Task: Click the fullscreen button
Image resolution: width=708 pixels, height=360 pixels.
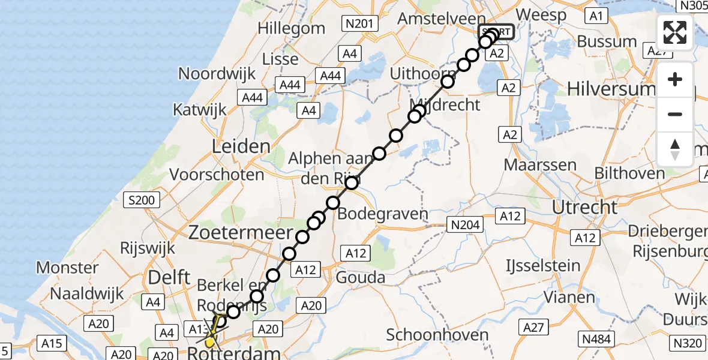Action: point(675,32)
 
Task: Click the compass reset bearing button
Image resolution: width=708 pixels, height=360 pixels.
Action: point(675,149)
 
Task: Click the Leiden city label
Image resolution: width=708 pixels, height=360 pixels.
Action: point(241,146)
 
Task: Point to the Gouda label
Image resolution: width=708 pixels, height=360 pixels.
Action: point(360,277)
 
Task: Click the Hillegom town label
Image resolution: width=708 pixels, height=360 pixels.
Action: point(291,28)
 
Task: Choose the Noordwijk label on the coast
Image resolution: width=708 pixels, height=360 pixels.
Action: point(217,74)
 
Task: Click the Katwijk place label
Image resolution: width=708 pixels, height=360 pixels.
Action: point(200,110)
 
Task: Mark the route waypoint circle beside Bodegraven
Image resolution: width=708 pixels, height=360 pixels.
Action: point(333,203)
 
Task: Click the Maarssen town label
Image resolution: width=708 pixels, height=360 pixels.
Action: point(540,165)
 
